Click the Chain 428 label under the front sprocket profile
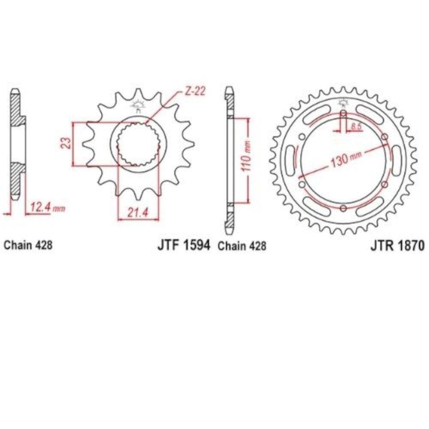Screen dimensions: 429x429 [28, 245]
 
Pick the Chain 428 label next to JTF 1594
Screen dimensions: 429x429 [242, 246]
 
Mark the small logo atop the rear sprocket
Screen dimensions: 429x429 [342, 103]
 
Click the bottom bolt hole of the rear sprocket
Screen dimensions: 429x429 [343, 208]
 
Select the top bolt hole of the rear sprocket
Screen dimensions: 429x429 [343, 113]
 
